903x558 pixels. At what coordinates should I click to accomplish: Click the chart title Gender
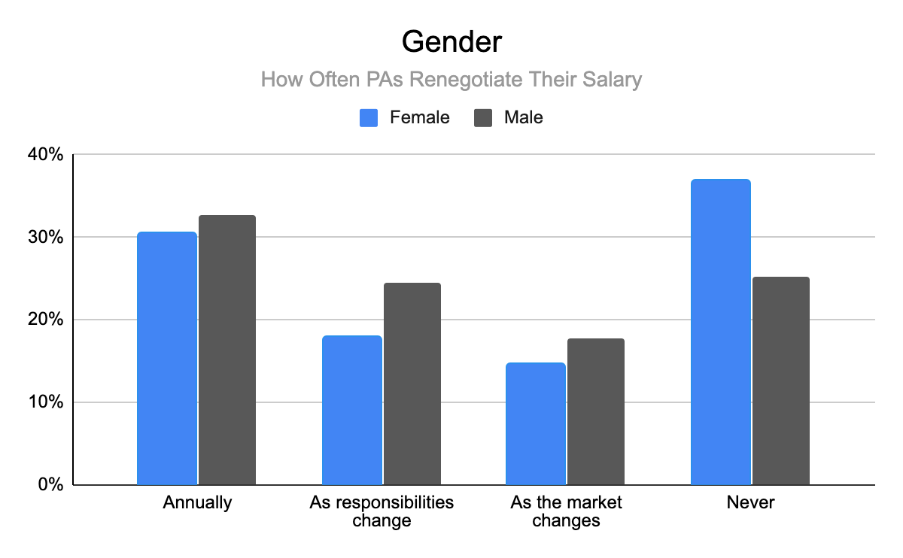click(x=451, y=42)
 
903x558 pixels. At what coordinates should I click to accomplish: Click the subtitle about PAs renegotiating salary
click(x=451, y=80)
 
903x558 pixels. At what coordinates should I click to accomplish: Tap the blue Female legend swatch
click(x=369, y=117)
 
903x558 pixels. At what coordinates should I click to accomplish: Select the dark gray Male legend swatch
click(x=483, y=117)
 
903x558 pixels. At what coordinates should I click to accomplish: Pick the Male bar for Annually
click(x=227, y=350)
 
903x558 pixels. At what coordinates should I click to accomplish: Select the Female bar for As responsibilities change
click(x=351, y=410)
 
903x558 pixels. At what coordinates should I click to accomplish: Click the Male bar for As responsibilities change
click(x=412, y=384)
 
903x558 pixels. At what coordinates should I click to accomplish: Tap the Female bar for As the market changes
click(x=536, y=423)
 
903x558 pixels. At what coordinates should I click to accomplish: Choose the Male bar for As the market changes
click(x=596, y=411)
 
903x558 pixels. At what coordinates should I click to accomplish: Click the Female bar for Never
click(x=720, y=332)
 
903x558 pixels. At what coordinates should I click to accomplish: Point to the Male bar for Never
click(x=780, y=381)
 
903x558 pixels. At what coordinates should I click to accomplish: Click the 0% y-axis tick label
click(x=50, y=485)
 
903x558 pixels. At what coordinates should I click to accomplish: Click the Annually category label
click(x=197, y=502)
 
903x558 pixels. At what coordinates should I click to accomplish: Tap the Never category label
click(x=750, y=502)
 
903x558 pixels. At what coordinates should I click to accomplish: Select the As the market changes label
click(x=566, y=511)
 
